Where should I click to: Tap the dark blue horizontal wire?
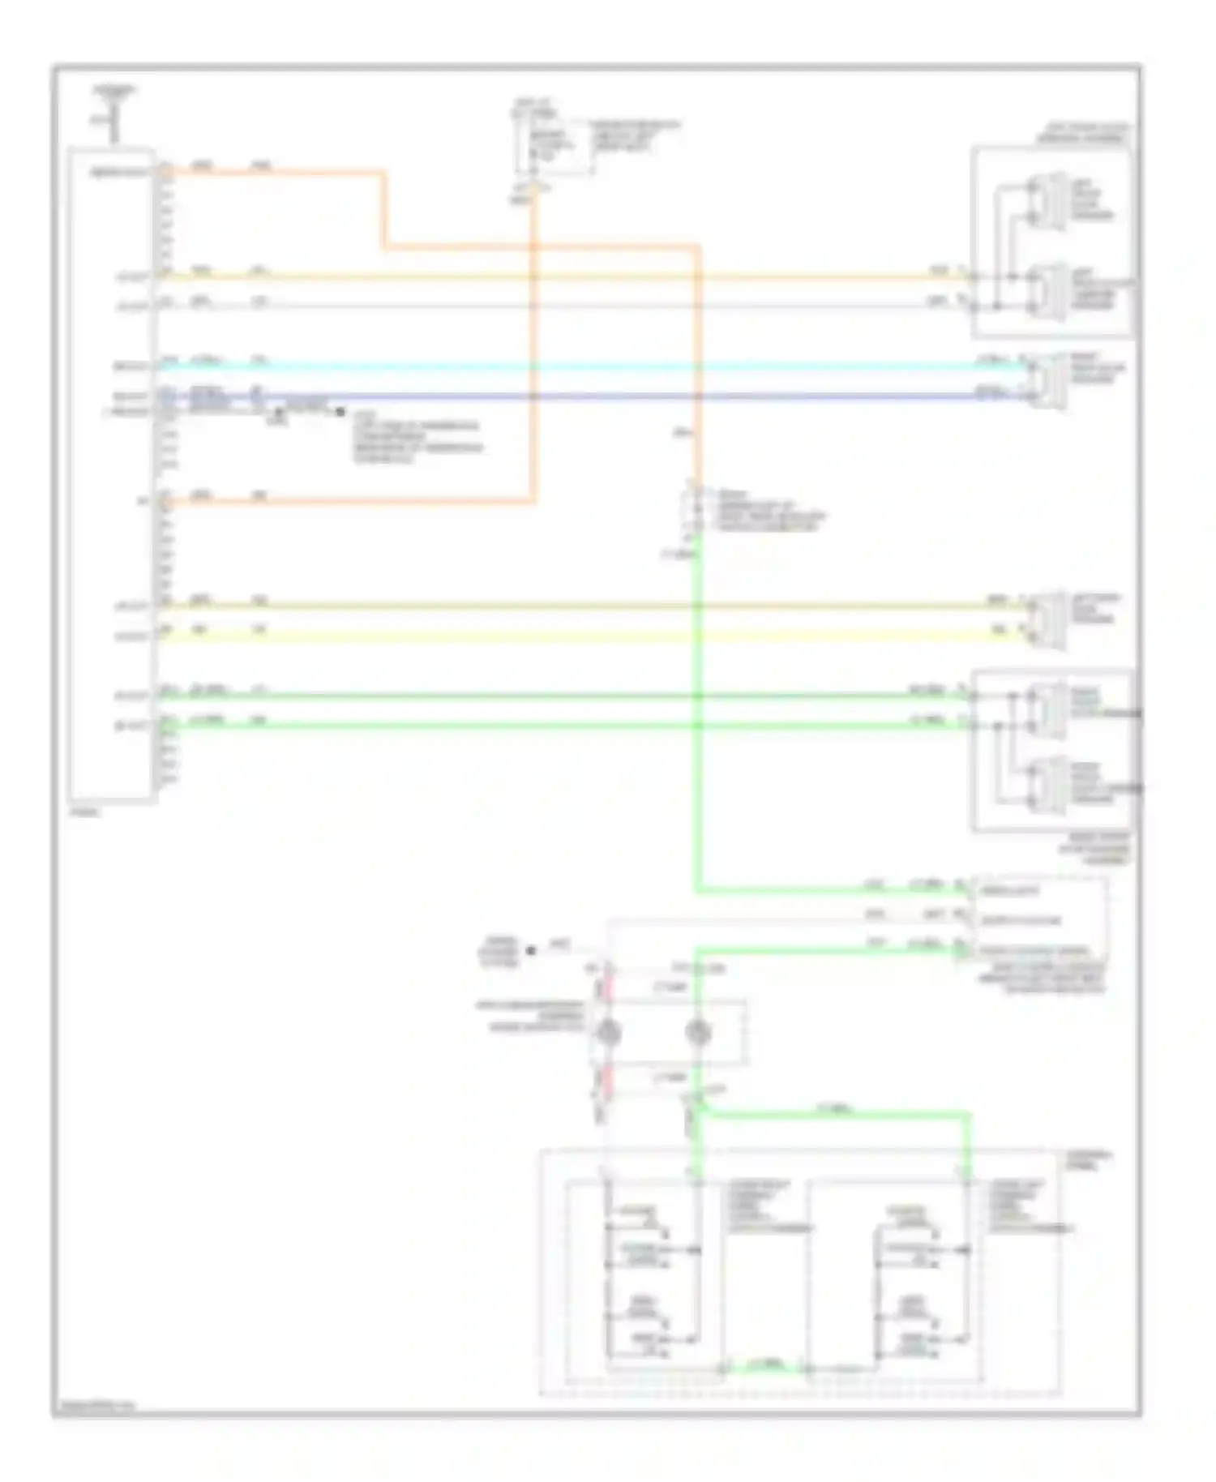(x=567, y=396)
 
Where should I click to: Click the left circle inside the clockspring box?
(x=608, y=1032)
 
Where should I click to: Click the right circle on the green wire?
(x=698, y=1032)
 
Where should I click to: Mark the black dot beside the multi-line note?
(x=340, y=412)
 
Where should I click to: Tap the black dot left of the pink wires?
(x=532, y=949)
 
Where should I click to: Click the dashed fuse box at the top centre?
(x=556, y=146)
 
